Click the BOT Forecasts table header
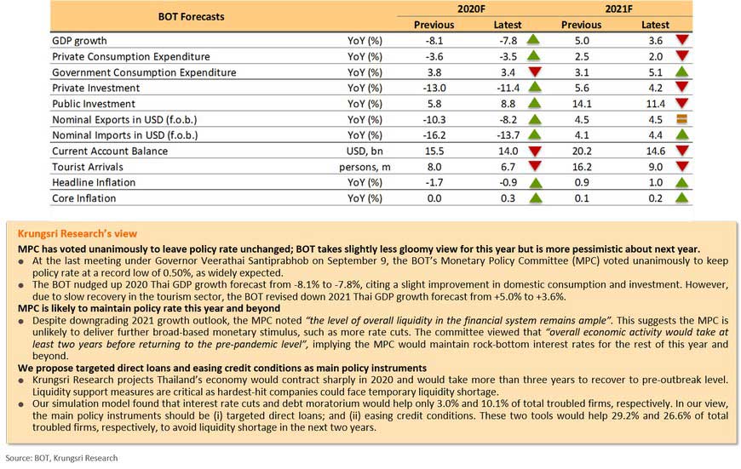click(191, 16)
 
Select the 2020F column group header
click(471, 9)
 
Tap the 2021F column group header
click(618, 9)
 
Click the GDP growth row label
click(79, 41)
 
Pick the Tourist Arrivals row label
click(88, 167)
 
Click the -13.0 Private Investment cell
click(434, 88)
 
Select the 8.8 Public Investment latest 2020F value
click(508, 104)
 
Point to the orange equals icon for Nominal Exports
click(681, 119)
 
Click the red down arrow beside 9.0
click(682, 166)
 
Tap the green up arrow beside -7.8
click(533, 40)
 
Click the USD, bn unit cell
click(365, 152)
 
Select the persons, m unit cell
click(365, 167)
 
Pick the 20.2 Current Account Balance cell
click(582, 152)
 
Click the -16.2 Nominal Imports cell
click(434, 135)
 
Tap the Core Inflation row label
click(83, 198)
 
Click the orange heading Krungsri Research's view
click(77, 233)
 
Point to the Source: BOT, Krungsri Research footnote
click(61, 458)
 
